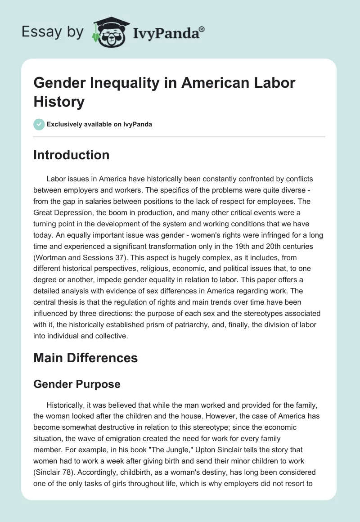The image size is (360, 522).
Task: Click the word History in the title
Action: (x=59, y=102)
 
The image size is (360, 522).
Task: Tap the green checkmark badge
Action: (x=40, y=124)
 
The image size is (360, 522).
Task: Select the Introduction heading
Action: (x=72, y=155)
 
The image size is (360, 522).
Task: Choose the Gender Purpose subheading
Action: (x=77, y=384)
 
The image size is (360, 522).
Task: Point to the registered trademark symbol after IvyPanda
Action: (x=202, y=29)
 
